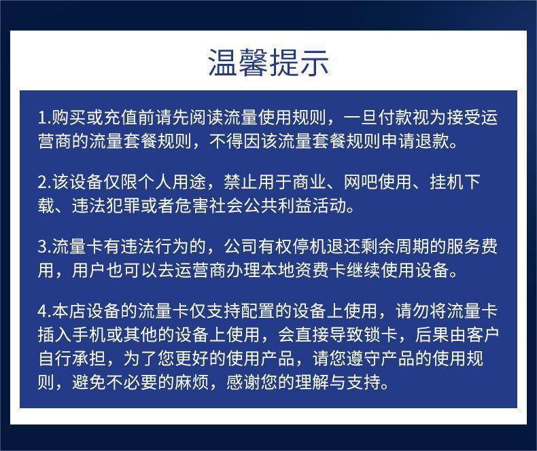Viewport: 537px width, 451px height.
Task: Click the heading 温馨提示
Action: point(268,62)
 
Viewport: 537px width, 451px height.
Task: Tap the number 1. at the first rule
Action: point(44,118)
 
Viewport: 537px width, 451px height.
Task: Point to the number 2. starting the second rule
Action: point(44,182)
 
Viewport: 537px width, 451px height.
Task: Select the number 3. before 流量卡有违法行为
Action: point(44,247)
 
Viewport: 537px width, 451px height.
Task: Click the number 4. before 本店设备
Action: point(44,311)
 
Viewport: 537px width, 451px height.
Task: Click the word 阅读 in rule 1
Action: point(206,118)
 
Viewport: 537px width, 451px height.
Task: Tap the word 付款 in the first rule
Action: point(394,118)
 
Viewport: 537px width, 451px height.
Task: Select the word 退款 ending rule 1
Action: point(432,141)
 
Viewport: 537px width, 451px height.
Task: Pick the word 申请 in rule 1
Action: point(397,141)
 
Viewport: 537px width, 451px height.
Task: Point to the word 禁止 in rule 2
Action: point(241,182)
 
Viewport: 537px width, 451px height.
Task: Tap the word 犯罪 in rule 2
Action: point(123,205)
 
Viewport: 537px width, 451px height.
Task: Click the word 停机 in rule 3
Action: point(309,247)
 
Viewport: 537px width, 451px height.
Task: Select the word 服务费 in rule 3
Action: point(472,247)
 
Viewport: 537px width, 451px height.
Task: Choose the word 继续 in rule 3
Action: point(363,270)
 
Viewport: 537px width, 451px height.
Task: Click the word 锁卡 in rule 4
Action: point(380,335)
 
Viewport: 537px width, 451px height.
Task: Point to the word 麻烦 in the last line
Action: point(192,382)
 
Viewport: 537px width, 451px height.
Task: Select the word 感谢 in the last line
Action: point(243,382)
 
